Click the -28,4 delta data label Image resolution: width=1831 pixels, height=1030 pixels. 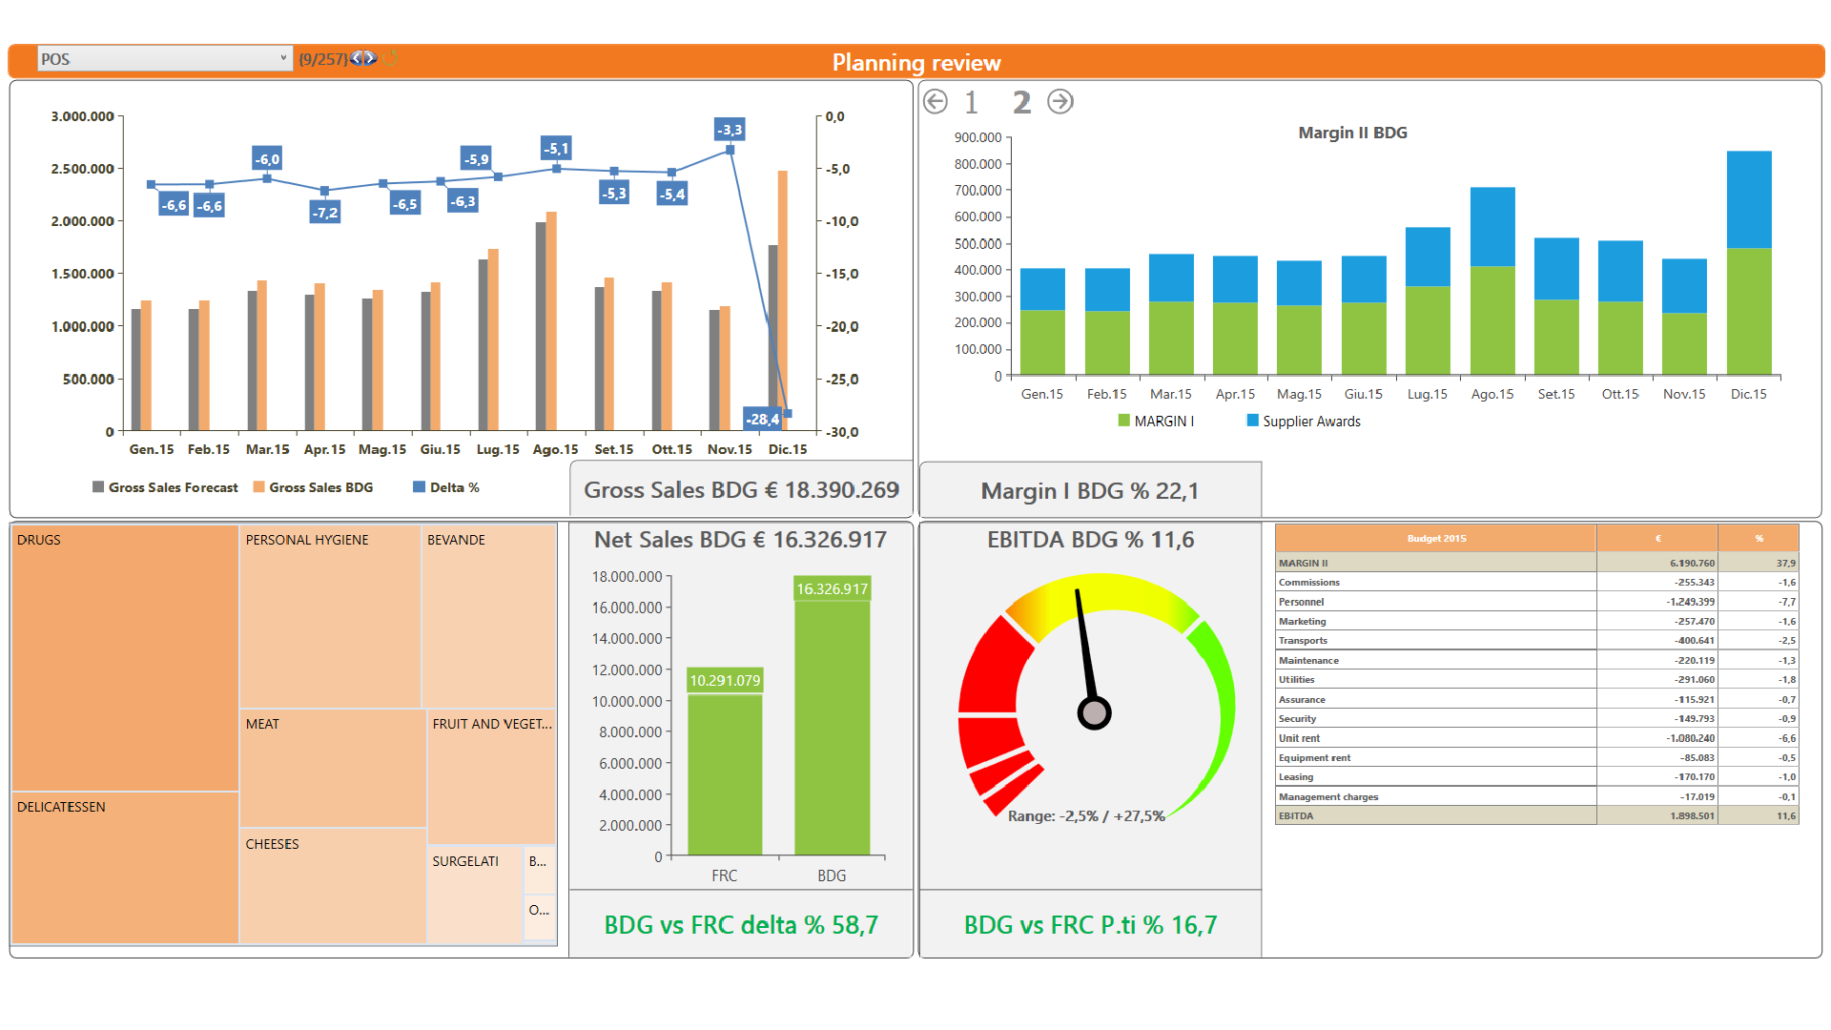(x=762, y=419)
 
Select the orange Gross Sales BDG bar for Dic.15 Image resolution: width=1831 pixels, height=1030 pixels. (x=783, y=286)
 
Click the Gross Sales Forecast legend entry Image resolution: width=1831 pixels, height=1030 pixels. (x=166, y=487)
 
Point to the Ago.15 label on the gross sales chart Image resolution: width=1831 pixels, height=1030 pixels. (x=555, y=449)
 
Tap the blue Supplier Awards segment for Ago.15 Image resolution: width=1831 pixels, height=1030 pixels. (x=1492, y=227)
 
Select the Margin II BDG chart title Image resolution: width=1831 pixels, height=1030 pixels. (x=1352, y=133)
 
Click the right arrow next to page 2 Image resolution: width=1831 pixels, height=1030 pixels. (x=1060, y=102)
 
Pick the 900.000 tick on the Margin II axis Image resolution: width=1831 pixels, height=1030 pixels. (x=977, y=137)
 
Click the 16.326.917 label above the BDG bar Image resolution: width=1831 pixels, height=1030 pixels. (x=832, y=589)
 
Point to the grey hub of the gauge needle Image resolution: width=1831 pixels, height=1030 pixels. (x=1094, y=712)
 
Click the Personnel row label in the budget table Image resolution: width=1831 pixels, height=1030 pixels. (x=1301, y=602)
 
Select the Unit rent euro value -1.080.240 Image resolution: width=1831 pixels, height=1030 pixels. (x=1690, y=738)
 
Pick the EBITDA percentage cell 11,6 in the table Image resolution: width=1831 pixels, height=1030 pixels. (x=1785, y=816)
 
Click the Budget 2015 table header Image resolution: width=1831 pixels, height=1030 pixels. (x=1435, y=539)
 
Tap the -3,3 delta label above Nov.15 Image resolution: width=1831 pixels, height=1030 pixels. (x=730, y=130)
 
